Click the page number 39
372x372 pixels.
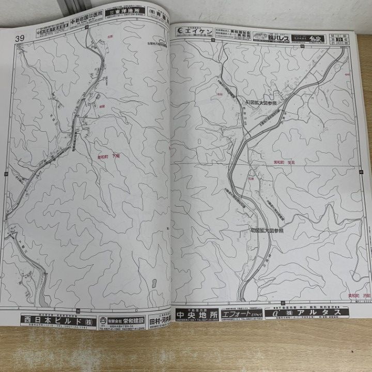pyautogui.click(x=21, y=38)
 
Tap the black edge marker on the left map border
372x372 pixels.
pyautogui.click(x=5, y=173)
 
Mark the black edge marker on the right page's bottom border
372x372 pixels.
pyautogui.click(x=283, y=302)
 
